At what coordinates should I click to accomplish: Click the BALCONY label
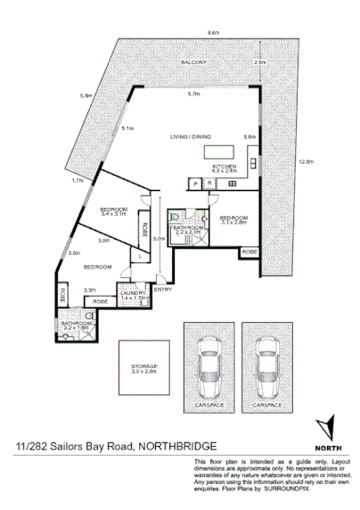point(193,62)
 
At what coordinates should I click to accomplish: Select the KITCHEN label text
point(223,167)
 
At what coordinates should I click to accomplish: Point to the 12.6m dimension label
point(307,161)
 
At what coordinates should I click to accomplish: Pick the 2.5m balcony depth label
point(259,62)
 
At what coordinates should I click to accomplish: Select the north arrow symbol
point(327,427)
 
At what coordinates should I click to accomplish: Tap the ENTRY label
point(163,289)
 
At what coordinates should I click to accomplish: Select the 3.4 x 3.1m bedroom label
point(114,211)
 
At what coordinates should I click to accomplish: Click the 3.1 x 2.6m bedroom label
point(233,221)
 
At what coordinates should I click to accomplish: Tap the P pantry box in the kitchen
point(194,184)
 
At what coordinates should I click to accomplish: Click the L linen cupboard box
point(139,257)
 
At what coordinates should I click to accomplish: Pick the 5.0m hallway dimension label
point(158,239)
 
